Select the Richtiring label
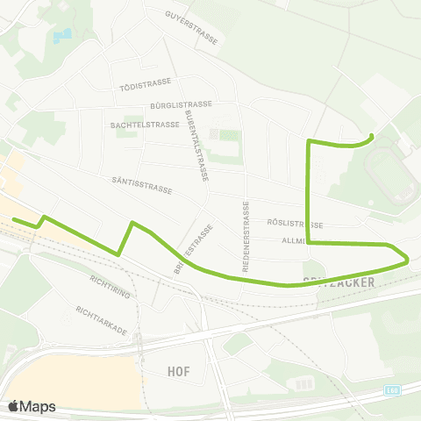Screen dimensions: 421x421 tap(110, 286)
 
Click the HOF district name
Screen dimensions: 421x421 tap(178, 371)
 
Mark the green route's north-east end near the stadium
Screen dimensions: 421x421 tap(372, 135)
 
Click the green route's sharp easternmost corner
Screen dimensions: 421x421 tap(408, 259)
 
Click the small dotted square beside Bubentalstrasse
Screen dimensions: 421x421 tap(213, 134)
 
